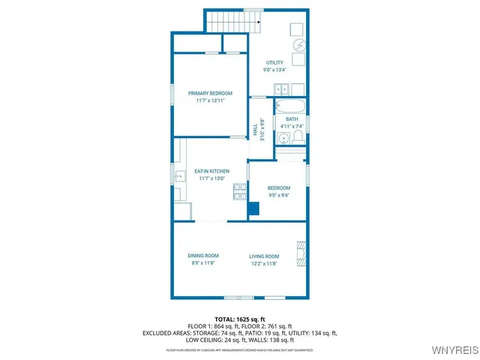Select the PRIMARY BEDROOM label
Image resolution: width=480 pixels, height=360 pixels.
pyautogui.click(x=210, y=93)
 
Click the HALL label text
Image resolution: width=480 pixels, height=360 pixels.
pyautogui.click(x=255, y=129)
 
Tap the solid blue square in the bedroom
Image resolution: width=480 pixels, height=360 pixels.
pyautogui.click(x=253, y=208)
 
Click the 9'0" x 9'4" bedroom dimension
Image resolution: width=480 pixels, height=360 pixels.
pyautogui.click(x=278, y=195)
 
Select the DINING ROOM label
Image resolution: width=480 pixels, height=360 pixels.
pyautogui.click(x=202, y=256)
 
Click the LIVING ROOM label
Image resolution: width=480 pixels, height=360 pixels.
pyautogui.click(x=264, y=256)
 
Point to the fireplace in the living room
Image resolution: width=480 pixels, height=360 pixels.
pyautogui.click(x=301, y=253)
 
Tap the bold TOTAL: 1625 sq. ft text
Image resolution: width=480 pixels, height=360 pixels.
pyautogui.click(x=240, y=319)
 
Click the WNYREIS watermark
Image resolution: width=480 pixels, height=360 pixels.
pyautogui.click(x=453, y=351)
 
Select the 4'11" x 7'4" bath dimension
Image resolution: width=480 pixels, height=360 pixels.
pyautogui.click(x=292, y=126)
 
